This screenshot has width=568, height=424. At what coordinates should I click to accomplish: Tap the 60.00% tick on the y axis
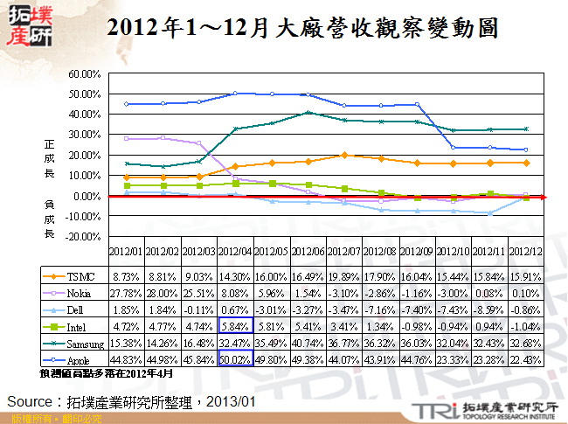pyautogui.click(x=85, y=73)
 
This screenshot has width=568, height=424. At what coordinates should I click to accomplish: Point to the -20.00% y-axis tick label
pyautogui.click(x=83, y=237)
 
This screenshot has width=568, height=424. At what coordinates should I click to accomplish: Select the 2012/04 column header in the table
pyautogui.click(x=235, y=252)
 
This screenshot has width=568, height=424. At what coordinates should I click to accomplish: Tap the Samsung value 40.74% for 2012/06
pyautogui.click(x=309, y=342)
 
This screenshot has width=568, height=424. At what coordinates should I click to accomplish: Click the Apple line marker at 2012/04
pyautogui.click(x=235, y=93)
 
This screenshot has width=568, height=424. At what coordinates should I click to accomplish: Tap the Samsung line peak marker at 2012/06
pyautogui.click(x=309, y=112)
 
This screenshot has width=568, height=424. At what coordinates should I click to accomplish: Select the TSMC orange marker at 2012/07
pyautogui.click(x=346, y=155)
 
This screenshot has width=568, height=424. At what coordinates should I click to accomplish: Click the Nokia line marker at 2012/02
pyautogui.click(x=163, y=138)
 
